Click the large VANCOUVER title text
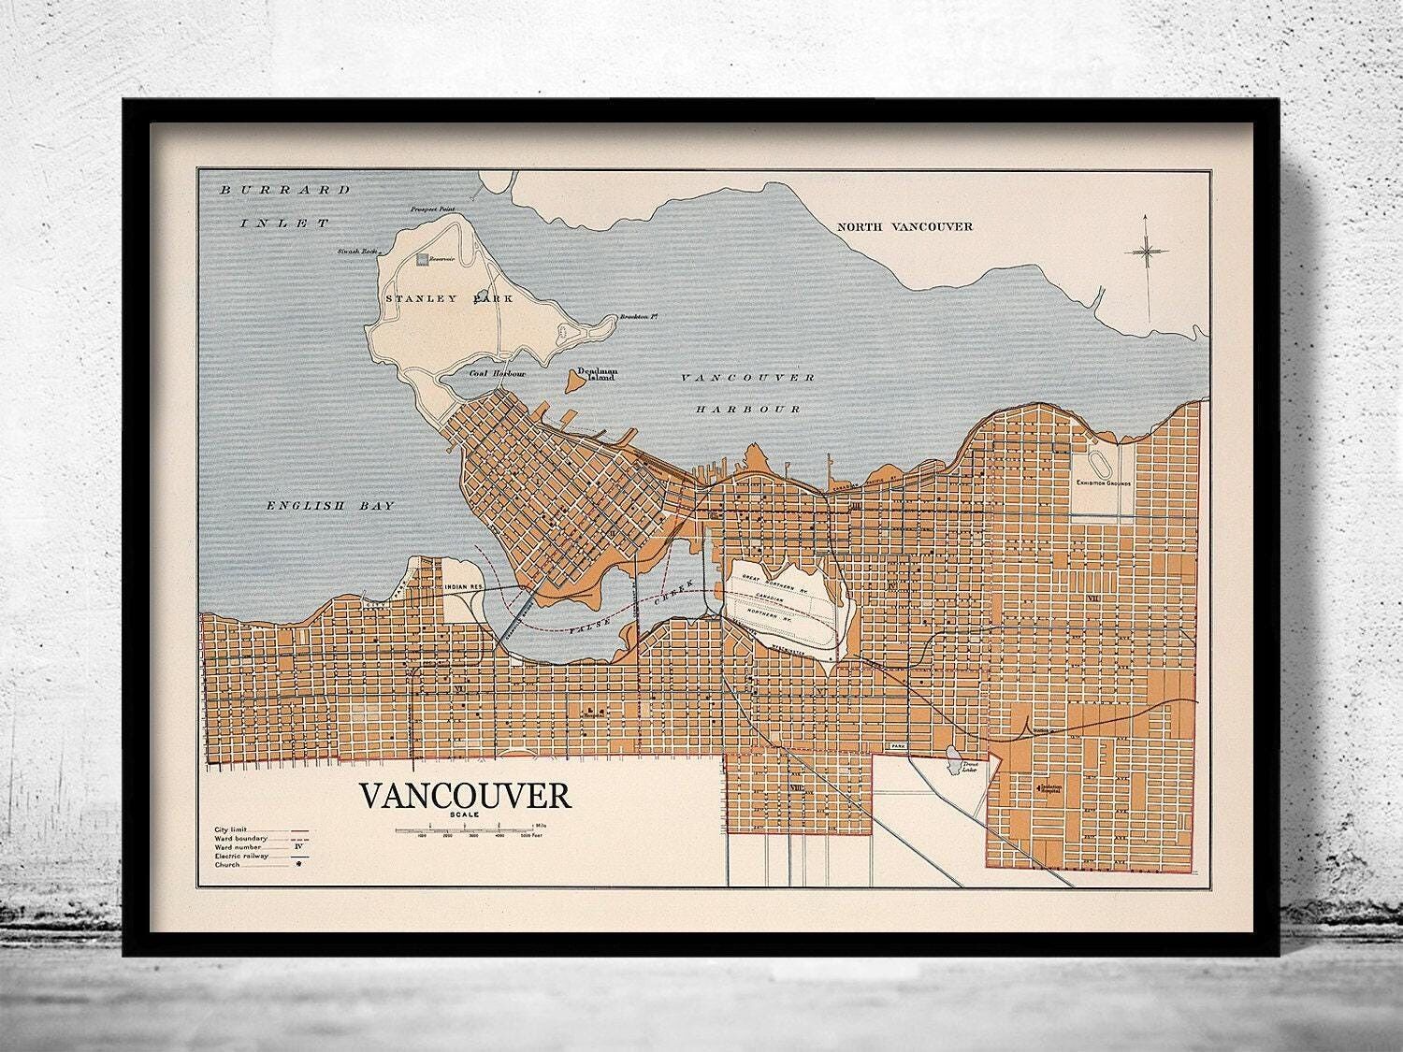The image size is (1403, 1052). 465,796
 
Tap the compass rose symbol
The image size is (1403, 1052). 1146,250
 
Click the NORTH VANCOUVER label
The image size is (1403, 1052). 904,226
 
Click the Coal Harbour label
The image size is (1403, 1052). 497,373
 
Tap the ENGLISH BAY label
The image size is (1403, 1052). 329,505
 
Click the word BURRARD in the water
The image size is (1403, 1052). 284,190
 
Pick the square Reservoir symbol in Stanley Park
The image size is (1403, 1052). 424,259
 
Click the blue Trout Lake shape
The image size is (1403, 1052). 953,754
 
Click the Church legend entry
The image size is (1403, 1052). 229,865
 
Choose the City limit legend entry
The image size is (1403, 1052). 234,829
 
